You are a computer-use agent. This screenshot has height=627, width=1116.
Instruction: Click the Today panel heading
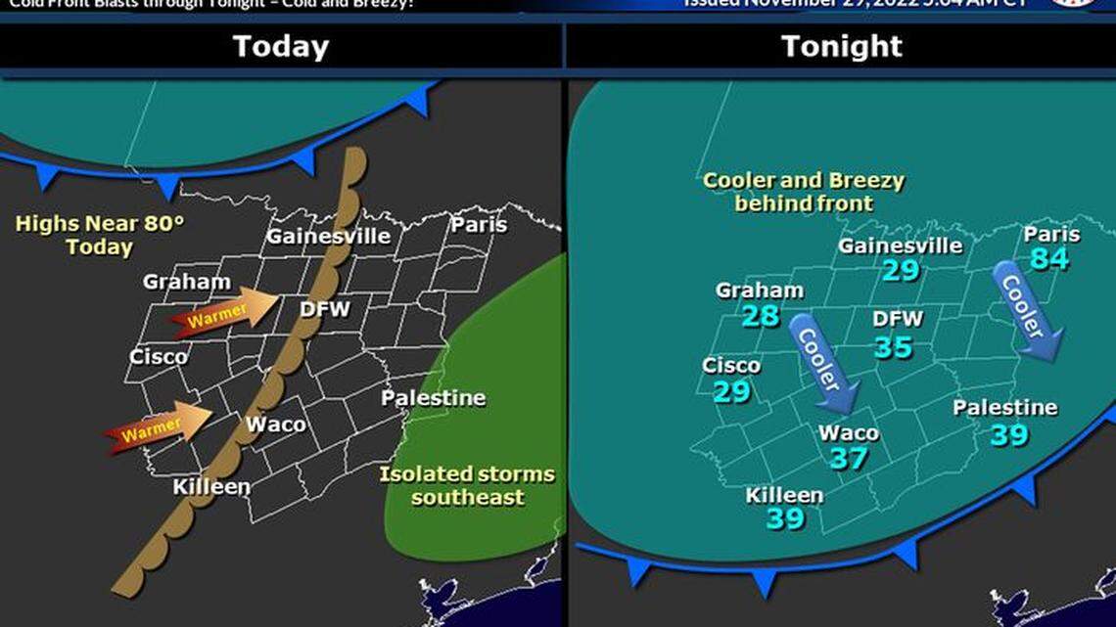tap(281, 46)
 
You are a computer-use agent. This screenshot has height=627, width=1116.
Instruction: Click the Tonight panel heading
tap(842, 46)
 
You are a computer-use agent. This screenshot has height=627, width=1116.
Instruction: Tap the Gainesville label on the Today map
tap(329, 236)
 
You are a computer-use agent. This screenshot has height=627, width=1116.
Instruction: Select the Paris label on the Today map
tap(479, 224)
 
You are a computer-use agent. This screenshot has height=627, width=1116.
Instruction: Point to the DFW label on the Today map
tap(324, 309)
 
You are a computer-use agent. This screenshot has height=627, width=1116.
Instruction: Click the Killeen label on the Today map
tap(211, 486)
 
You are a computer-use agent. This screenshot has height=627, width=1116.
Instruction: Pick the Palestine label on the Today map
tap(433, 398)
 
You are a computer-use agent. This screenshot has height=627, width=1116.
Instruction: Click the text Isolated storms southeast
tap(467, 486)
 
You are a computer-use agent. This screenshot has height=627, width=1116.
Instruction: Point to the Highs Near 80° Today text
tap(100, 235)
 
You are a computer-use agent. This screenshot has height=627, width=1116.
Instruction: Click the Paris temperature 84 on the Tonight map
tap(1048, 258)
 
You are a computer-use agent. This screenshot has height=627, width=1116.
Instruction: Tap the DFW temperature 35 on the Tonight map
tap(893, 346)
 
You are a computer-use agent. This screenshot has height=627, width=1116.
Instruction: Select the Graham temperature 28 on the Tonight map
tap(760, 315)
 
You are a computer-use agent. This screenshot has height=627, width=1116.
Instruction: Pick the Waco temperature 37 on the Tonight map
tap(849, 458)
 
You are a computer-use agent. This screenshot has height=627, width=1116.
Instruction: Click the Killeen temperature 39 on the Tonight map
tap(785, 518)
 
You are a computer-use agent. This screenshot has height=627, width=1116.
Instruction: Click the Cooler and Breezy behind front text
tap(804, 192)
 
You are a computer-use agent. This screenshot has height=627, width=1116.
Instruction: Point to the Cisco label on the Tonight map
tap(731, 366)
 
